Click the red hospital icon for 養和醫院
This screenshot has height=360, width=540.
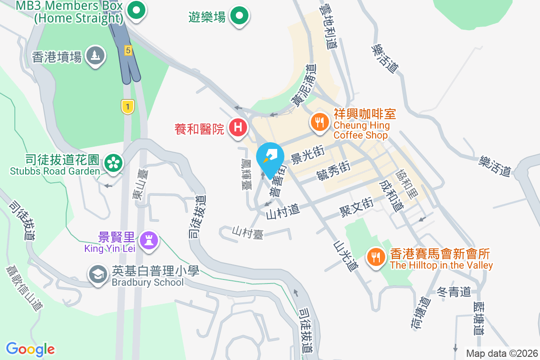[238, 128]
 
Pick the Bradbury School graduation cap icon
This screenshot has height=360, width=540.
[98, 274]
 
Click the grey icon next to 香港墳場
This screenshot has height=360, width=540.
[94, 56]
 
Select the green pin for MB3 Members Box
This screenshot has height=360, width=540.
[135, 11]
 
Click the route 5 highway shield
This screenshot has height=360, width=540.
[128, 51]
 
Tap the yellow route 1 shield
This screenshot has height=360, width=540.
[128, 107]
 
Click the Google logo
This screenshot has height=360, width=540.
[30, 349]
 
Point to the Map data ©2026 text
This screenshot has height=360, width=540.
[502, 353]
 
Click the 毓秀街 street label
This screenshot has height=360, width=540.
[333, 171]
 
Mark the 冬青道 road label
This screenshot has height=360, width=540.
[454, 292]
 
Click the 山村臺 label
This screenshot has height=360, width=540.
[247, 232]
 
